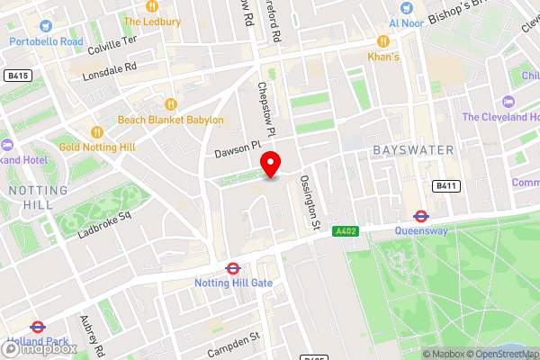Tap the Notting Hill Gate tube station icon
232,267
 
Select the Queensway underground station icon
420,215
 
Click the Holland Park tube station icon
37,328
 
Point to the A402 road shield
345,231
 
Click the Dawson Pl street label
237,148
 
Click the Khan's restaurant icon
382,41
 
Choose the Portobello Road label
45,41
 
